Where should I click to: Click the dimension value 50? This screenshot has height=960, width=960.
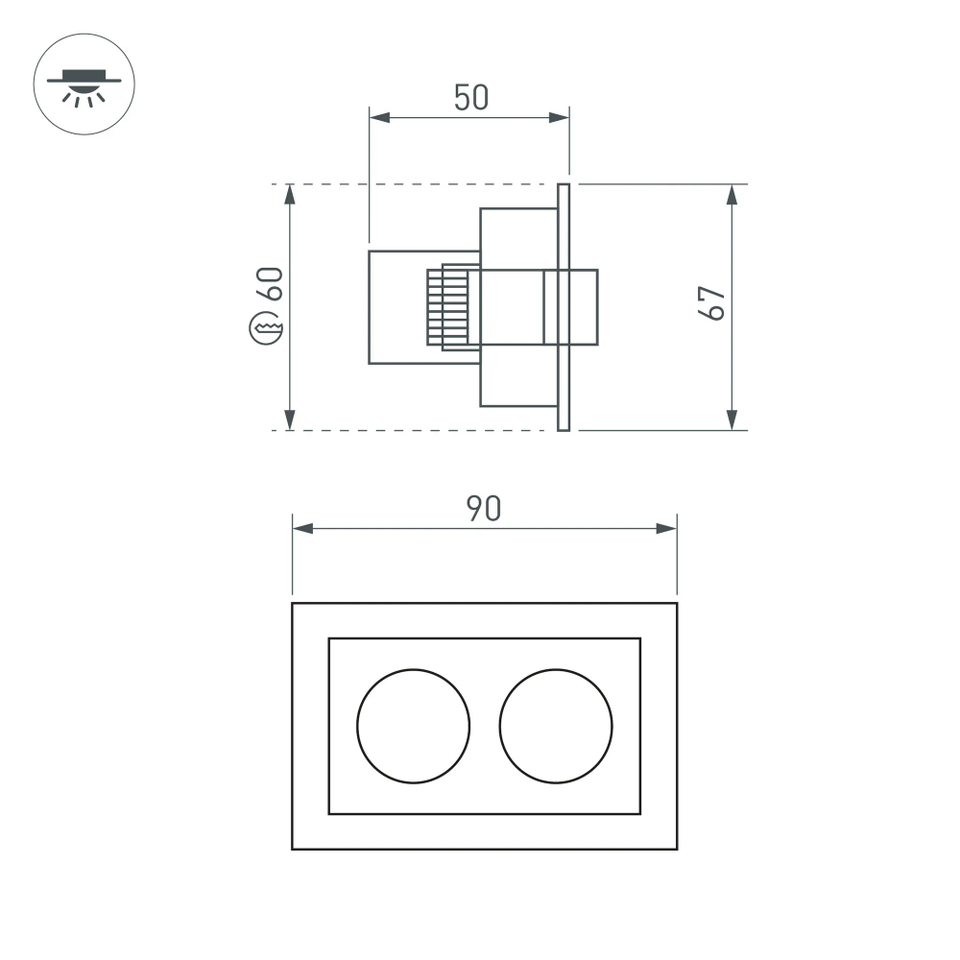click(x=471, y=98)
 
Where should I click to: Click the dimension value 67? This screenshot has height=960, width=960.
click(x=710, y=304)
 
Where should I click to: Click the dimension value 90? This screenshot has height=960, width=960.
click(x=484, y=509)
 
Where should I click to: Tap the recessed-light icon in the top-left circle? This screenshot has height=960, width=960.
click(x=84, y=85)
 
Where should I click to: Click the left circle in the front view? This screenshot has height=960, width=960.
click(x=414, y=725)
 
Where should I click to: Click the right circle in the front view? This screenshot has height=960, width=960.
click(x=556, y=725)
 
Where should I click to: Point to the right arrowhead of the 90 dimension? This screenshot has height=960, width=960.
click(x=666, y=529)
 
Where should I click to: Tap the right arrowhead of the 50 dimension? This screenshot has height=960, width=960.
click(x=559, y=117)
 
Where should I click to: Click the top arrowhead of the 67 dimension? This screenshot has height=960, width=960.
click(x=732, y=194)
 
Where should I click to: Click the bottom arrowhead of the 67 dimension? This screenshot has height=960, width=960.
click(x=732, y=420)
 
